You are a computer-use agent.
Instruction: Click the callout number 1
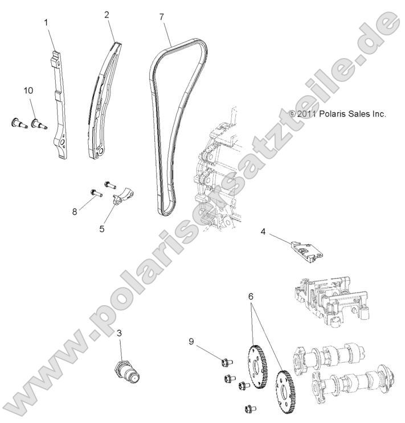(46, 23)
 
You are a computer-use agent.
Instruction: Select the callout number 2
(107, 15)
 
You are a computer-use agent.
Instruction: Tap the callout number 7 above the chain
(162, 18)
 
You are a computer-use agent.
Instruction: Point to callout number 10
(28, 91)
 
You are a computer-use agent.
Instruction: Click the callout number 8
(74, 212)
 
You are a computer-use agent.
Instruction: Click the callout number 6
(251, 297)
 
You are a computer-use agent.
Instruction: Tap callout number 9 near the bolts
(192, 341)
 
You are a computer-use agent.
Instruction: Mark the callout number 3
(119, 333)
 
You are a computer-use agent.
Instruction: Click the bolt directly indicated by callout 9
(224, 360)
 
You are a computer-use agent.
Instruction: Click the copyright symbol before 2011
(292, 114)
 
